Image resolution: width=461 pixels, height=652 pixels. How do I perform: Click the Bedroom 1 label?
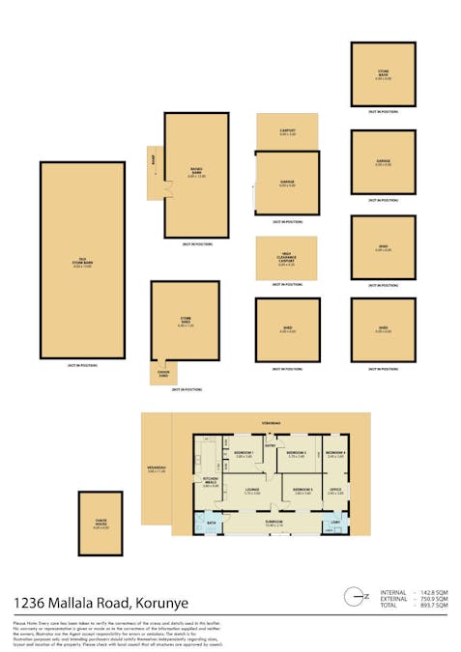click(x=244, y=454)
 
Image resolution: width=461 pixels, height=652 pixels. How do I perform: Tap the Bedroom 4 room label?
click(x=335, y=454)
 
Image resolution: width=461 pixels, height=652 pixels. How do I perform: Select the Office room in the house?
click(x=335, y=492)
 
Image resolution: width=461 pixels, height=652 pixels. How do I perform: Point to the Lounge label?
click(x=253, y=493)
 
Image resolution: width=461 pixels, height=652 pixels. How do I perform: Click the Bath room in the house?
click(x=210, y=524)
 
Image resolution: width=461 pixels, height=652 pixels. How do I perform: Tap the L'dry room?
click(x=334, y=524)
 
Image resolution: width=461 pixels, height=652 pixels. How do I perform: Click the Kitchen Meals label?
click(x=211, y=483)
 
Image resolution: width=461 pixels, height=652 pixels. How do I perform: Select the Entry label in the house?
click(x=272, y=445)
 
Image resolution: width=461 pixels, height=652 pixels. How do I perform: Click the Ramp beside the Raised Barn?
click(x=153, y=175)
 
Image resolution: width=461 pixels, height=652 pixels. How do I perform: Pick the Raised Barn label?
click(x=196, y=175)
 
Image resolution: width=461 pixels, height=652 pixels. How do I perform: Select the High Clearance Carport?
click(x=287, y=258)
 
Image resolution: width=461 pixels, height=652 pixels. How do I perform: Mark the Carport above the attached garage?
click(x=287, y=131)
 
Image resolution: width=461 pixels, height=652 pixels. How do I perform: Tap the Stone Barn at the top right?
click(x=384, y=73)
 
